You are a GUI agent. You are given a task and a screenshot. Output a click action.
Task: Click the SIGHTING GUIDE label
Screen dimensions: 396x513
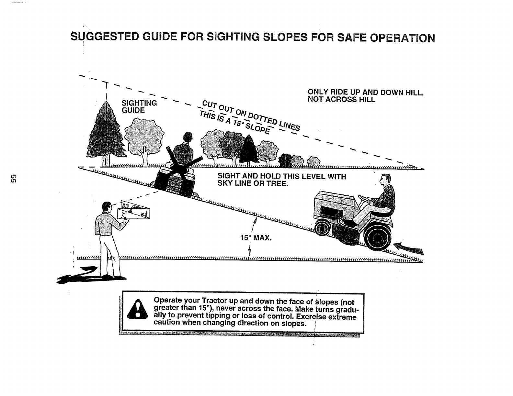[139, 106]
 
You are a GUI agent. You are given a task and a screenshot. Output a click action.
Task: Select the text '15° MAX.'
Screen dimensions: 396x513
[255, 238]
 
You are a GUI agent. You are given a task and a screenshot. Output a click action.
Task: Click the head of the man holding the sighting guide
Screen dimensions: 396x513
[105, 207]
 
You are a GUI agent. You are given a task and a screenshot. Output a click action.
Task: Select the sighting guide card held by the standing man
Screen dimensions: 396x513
[135, 210]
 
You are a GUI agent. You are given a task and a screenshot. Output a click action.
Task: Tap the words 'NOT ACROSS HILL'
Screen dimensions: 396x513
[341, 100]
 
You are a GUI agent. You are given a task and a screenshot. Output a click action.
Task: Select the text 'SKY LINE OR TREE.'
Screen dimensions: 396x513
[252, 184]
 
